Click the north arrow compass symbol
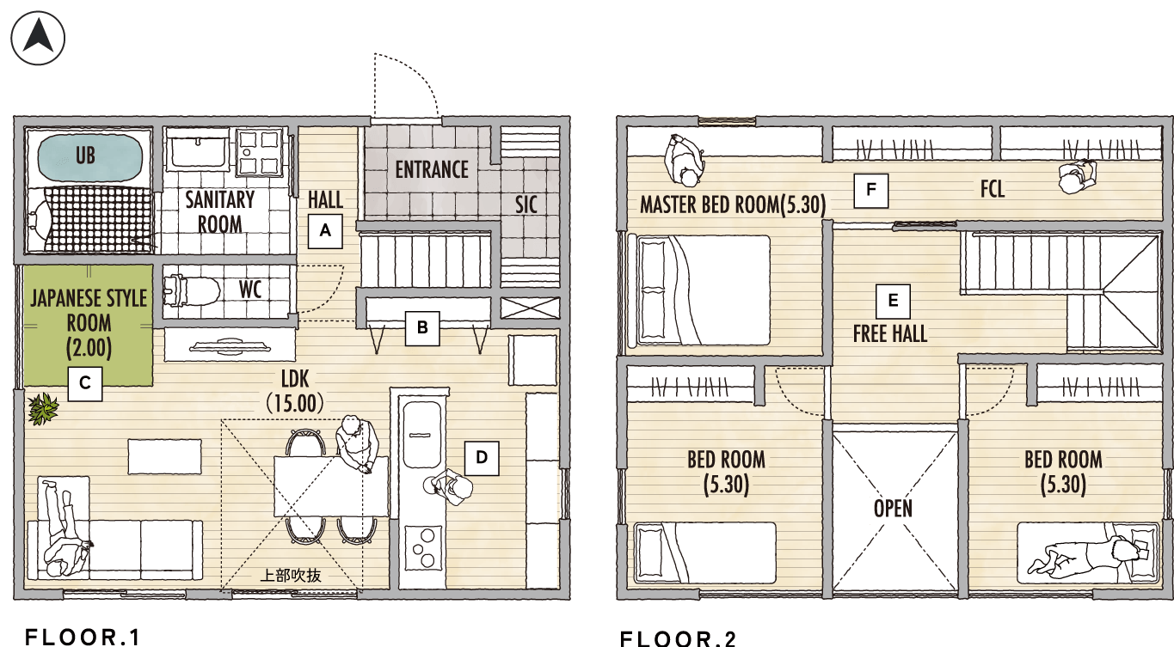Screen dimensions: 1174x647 click(x=38, y=38)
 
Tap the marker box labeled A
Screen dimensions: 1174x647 click(x=325, y=231)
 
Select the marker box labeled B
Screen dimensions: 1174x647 click(x=422, y=328)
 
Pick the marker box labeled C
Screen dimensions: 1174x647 click(x=85, y=384)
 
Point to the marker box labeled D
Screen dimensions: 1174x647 click(x=482, y=458)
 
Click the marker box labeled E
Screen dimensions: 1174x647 click(x=893, y=301)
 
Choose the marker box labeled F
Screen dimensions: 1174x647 click(x=871, y=190)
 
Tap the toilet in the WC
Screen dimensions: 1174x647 click(x=191, y=290)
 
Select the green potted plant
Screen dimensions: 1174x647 click(x=43, y=409)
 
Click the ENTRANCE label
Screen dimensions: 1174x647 click(x=432, y=170)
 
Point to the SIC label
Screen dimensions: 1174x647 click(x=526, y=204)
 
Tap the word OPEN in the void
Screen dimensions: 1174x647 click(x=893, y=509)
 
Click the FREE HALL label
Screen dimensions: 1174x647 click(x=890, y=333)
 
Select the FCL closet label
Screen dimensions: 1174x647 click(x=993, y=189)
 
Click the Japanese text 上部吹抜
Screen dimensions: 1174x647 click(x=291, y=576)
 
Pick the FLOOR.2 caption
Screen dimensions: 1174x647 click(x=679, y=638)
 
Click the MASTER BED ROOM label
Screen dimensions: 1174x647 click(x=733, y=204)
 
